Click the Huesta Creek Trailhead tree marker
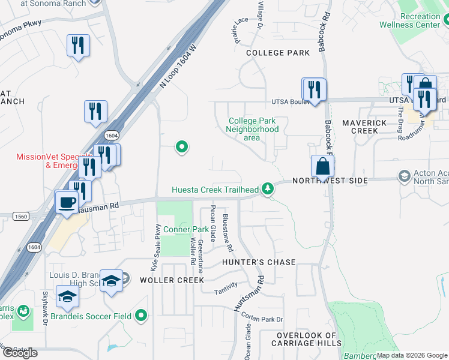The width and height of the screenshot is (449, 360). pos(268,190)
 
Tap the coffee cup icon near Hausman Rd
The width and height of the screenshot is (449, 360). pos(66,202)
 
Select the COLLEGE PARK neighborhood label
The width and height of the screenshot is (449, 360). pos(278,53)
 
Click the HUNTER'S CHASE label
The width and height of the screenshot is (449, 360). pos(259,262)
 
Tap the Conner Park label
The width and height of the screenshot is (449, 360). pos(185,229)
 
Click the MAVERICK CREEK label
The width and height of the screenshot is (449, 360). pos(364,127)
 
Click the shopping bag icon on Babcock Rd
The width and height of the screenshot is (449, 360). pos(322,166)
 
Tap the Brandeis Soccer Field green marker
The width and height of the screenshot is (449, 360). pos(141,315)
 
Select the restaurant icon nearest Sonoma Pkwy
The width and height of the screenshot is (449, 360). pos(78,46)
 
